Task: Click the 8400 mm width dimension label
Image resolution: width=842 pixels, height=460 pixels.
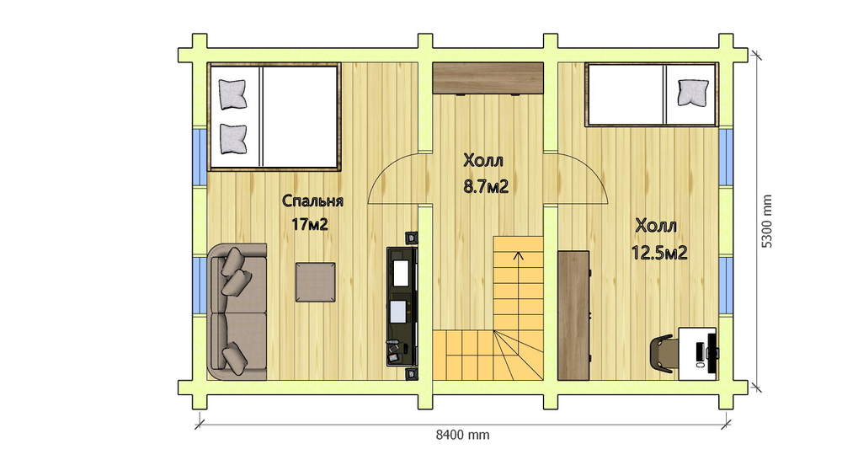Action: [462, 434]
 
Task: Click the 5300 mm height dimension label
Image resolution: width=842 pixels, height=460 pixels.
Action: [767, 221]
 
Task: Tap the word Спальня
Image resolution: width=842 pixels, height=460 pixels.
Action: [312, 201]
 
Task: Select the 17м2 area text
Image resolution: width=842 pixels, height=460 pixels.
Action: [310, 223]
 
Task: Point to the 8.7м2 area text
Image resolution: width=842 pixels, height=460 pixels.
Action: [486, 186]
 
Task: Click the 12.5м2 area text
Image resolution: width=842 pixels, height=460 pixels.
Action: [659, 253]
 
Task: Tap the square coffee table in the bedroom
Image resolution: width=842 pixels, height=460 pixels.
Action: [315, 282]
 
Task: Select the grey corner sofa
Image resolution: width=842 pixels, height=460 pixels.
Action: [237, 312]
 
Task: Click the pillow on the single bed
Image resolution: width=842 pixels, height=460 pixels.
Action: [693, 93]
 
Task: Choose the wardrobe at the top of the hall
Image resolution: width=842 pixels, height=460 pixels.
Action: [488, 78]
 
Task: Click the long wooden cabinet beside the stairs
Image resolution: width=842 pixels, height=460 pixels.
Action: [573, 315]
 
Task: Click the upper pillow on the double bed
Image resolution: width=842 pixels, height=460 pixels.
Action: [232, 94]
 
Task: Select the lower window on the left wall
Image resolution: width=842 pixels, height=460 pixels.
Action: [200, 286]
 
